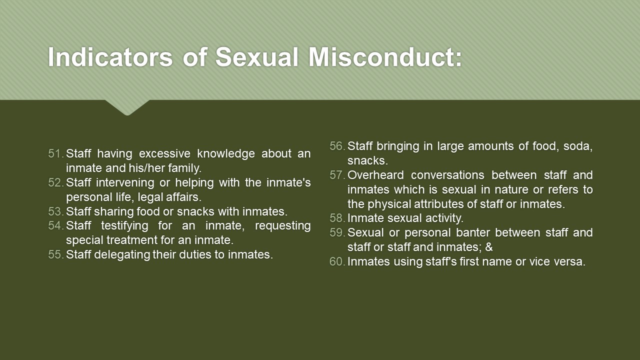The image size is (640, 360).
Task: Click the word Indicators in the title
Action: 110,57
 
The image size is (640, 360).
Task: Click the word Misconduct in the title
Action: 385,57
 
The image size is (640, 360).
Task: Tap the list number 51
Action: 55,153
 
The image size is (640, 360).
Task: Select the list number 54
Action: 55,225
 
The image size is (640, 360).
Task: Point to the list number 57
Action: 337,175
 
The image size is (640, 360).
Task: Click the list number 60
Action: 337,261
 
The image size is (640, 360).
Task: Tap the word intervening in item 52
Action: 125,183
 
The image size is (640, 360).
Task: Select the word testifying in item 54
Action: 124,226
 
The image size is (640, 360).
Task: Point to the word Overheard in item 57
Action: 375,175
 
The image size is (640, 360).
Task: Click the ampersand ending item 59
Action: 489,247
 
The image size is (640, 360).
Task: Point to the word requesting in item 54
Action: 282,226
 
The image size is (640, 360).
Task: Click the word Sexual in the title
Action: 257,57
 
